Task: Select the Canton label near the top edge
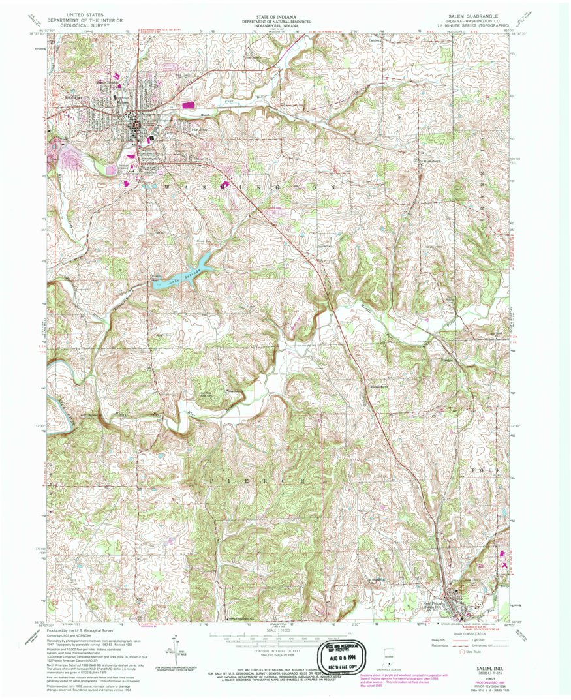pyautogui.click(x=374, y=39)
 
